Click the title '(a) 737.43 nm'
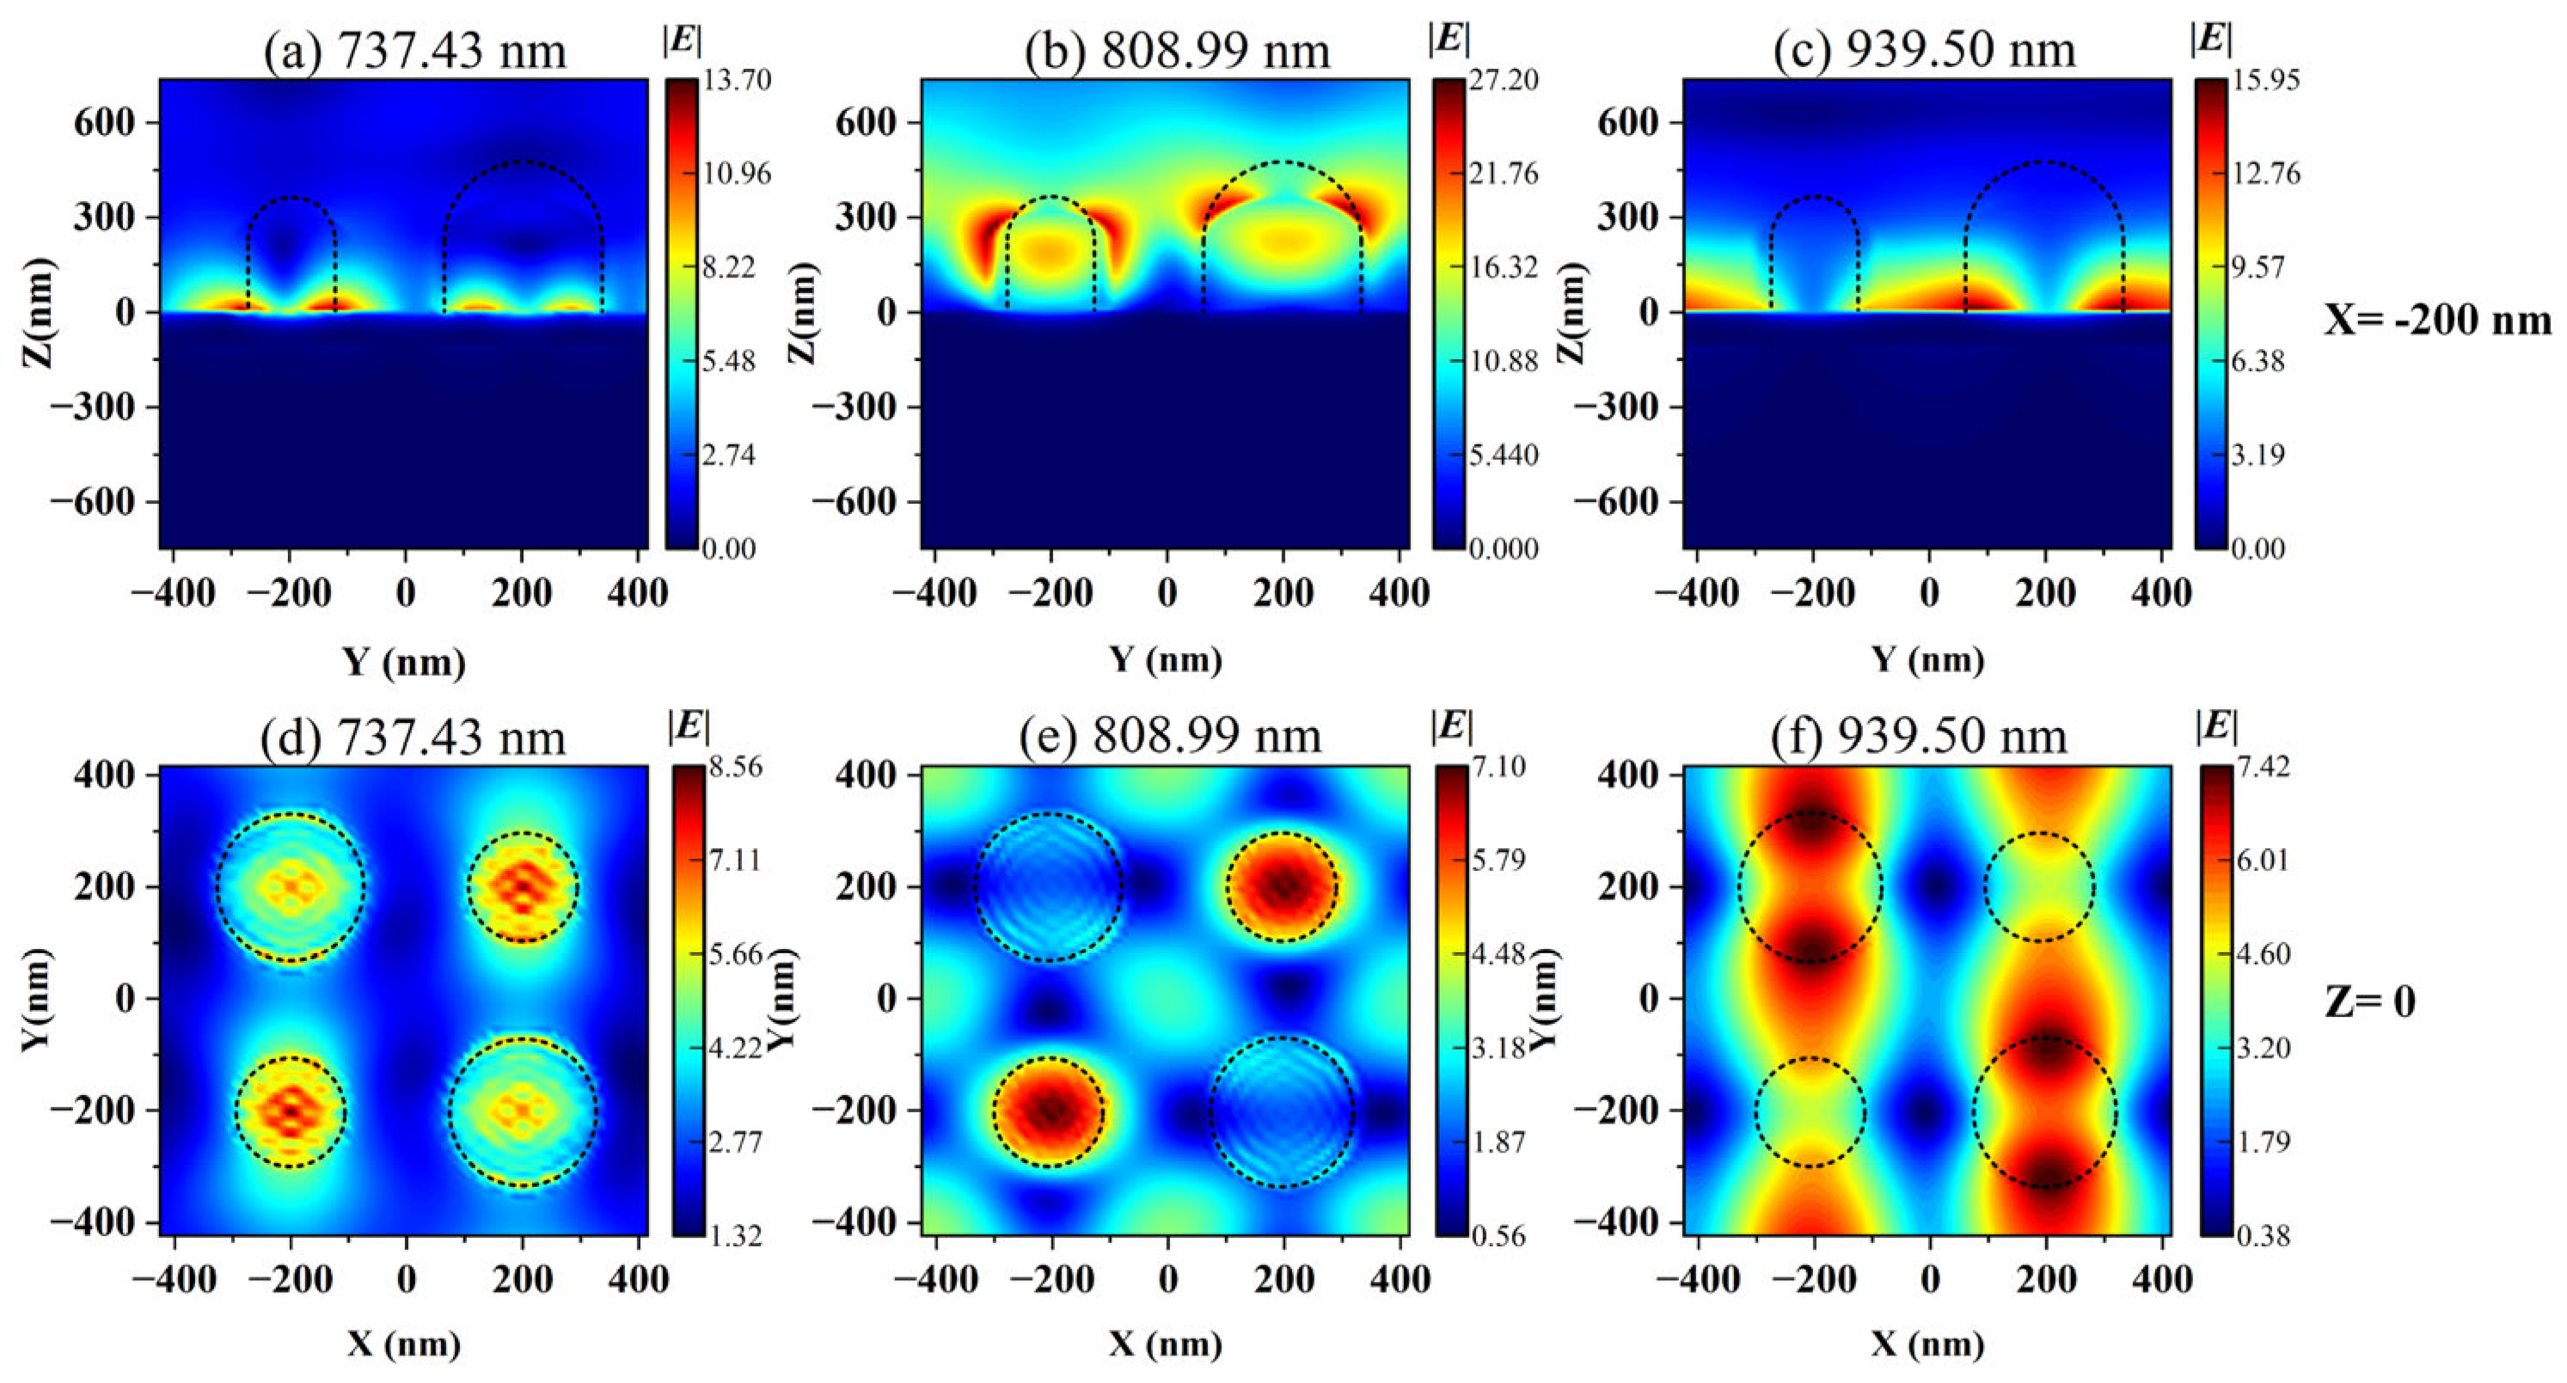[414, 50]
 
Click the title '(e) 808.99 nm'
[1171, 737]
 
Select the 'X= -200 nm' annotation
[2437, 320]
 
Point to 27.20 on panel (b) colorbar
[1503, 81]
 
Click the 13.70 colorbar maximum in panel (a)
[737, 81]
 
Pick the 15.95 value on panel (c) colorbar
[2265, 81]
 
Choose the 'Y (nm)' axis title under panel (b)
[1166, 658]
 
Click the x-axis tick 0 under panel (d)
[406, 1278]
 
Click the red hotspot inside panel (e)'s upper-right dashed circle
[1283, 884]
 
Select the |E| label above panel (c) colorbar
[2211, 38]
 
